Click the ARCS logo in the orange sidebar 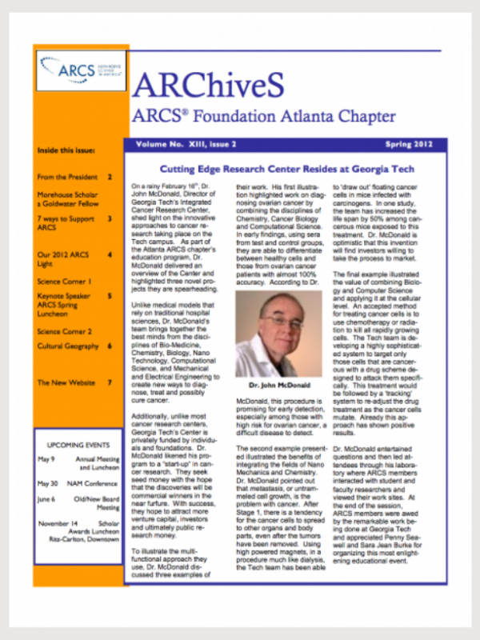coord(78,70)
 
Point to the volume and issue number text coord(186,145)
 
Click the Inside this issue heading coord(66,150)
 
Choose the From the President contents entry coord(67,177)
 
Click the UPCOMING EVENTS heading coord(78,442)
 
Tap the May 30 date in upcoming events coord(48,484)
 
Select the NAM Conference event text coord(91,484)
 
